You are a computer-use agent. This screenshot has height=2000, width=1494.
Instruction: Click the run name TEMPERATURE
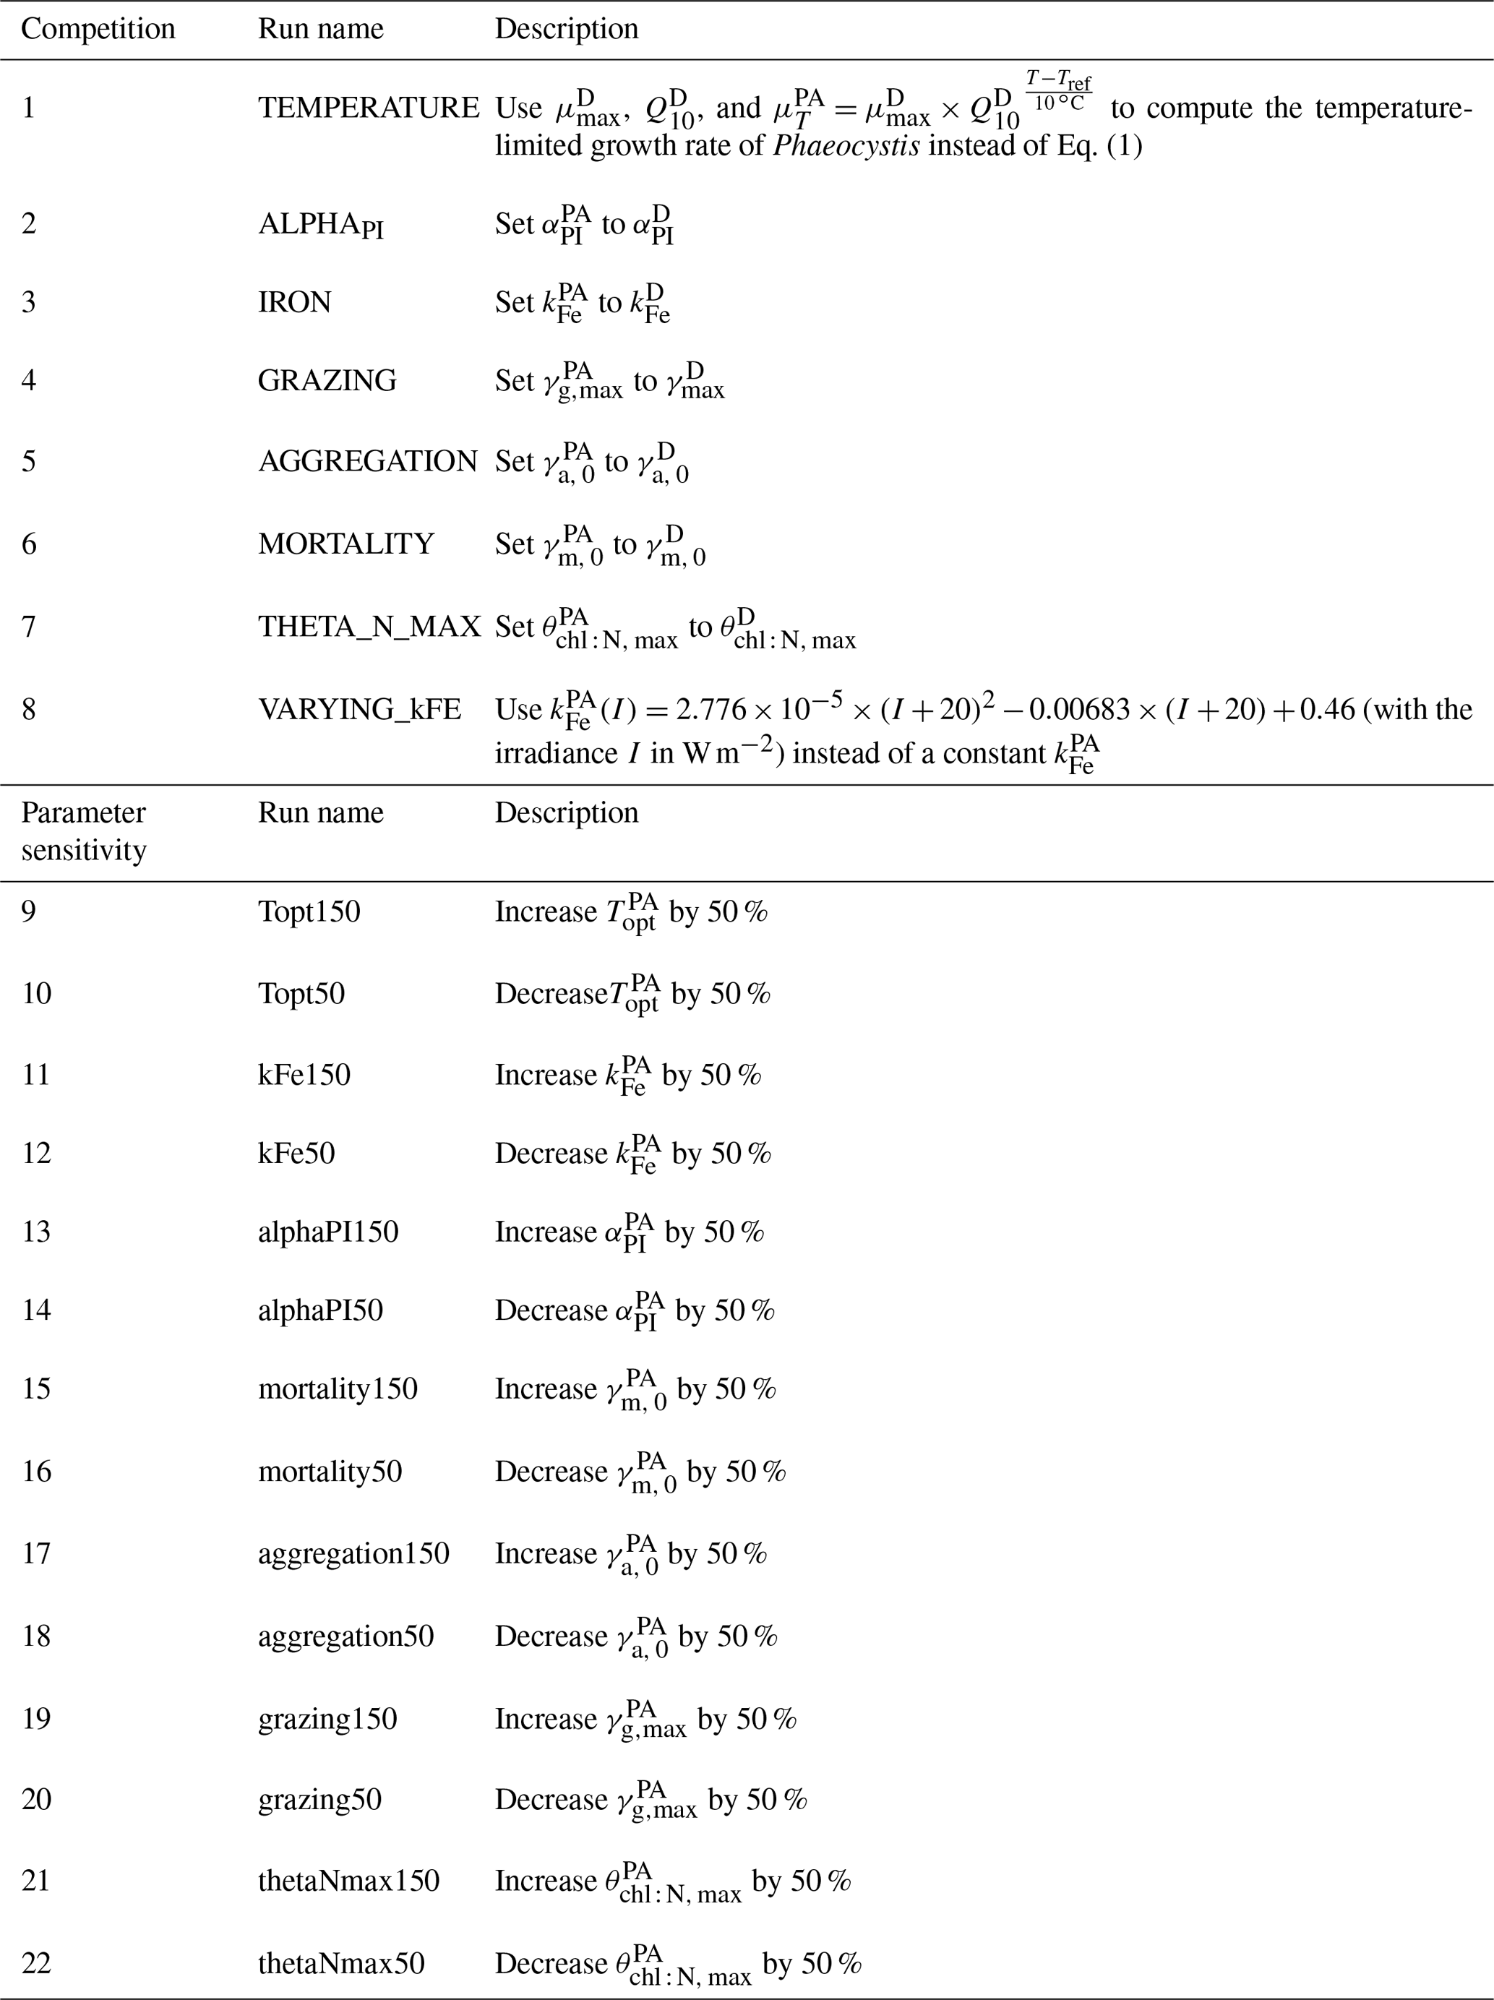tap(368, 108)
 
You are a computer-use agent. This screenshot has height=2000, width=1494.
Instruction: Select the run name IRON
tap(294, 301)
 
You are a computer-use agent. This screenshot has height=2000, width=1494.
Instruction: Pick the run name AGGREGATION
tap(367, 461)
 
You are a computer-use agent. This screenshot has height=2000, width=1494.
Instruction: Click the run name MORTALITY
tap(345, 544)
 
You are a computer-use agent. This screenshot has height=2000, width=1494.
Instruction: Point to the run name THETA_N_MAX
tap(369, 626)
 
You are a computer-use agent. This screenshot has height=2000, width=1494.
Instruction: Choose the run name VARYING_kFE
tap(359, 709)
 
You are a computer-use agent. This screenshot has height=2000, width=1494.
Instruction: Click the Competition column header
tap(98, 29)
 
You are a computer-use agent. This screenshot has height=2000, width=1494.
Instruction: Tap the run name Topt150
tap(309, 911)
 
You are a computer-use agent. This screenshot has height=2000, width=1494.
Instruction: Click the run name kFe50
tap(296, 1153)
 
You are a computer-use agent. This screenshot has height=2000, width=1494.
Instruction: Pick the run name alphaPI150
tap(327, 1232)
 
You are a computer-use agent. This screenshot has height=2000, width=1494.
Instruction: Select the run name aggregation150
tap(353, 1553)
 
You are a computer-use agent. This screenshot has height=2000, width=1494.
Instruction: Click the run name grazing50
tap(319, 1799)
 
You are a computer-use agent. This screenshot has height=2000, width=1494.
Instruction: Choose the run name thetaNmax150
tap(348, 1881)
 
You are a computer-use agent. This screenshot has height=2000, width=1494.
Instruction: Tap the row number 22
tap(36, 1963)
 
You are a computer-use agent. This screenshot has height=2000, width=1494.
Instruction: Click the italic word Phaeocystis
tap(846, 145)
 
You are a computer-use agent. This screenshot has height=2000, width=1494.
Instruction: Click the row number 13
tap(36, 1232)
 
